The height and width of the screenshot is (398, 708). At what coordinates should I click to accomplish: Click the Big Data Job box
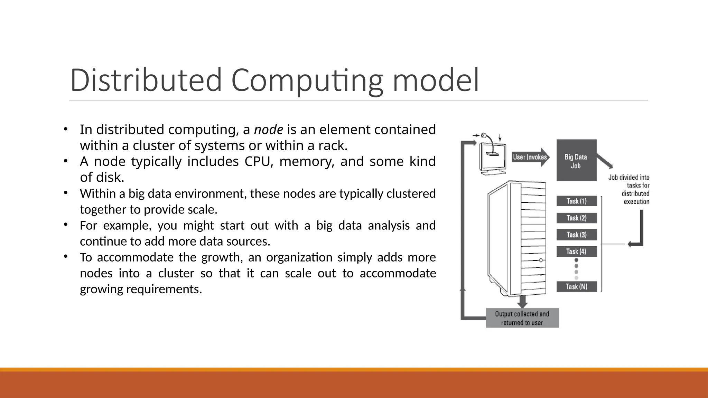click(576, 160)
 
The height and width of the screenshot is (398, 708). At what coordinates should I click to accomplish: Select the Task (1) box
click(577, 201)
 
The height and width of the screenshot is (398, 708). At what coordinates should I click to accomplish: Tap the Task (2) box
click(577, 218)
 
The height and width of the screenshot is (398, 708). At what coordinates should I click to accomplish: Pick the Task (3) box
click(577, 235)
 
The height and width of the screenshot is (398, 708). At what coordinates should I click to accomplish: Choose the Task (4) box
click(577, 252)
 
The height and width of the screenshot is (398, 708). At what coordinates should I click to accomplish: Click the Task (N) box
click(577, 286)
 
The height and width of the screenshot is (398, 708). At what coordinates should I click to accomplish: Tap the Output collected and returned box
click(522, 318)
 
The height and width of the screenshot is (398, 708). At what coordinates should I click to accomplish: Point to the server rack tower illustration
click(517, 238)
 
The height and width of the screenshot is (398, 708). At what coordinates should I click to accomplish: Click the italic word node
click(269, 130)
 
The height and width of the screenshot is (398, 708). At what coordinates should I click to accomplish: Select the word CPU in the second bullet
click(257, 161)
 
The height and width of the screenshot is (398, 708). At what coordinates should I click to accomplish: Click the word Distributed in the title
click(146, 80)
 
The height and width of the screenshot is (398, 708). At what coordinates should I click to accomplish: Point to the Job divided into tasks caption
click(629, 189)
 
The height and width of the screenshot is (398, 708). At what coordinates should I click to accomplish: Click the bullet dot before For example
click(65, 225)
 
